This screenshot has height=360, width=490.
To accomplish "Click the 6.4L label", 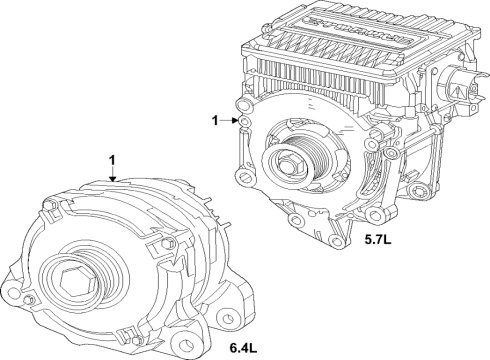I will pos(244,347).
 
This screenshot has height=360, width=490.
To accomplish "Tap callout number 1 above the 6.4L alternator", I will pos(114,160).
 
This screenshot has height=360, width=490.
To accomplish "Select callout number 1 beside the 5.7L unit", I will pos(214,120).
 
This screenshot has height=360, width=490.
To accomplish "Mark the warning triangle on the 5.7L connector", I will pos(459,89).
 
